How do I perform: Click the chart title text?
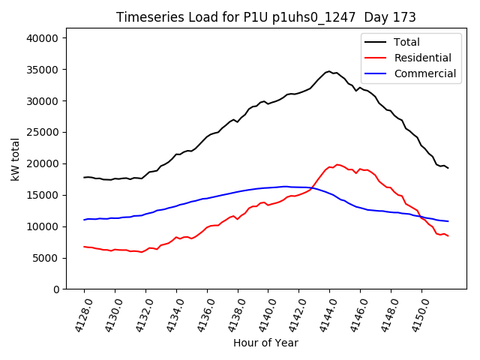pos(265,17)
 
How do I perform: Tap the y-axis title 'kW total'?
pos(15,159)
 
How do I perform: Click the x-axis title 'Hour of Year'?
pos(265,343)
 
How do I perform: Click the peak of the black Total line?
pos(329,71)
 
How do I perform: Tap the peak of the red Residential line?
pos(337,164)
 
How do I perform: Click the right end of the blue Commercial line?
pos(448,221)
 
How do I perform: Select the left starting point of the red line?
pos(84,246)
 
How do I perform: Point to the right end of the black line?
pos(448,168)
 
